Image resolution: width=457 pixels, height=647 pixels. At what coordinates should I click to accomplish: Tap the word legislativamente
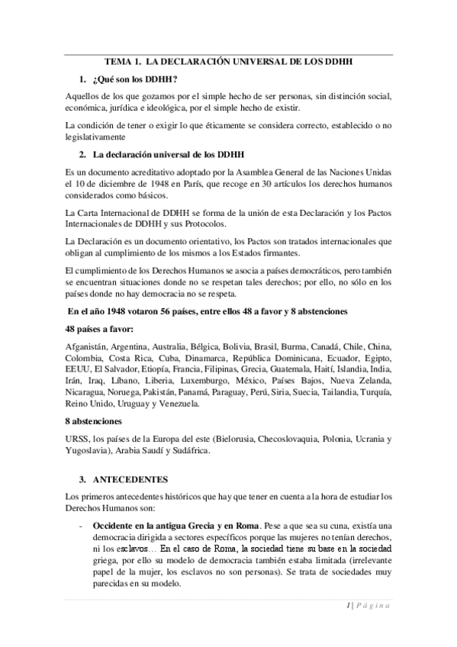coord(95,137)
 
